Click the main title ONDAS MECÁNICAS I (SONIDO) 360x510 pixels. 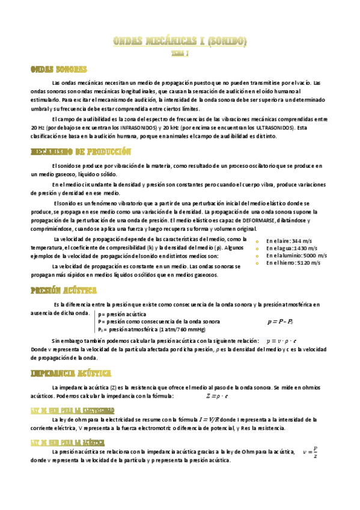(x=180, y=41)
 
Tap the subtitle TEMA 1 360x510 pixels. (x=180, y=54)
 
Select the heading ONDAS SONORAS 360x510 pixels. (x=59, y=70)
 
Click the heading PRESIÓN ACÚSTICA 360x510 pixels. (x=64, y=290)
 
